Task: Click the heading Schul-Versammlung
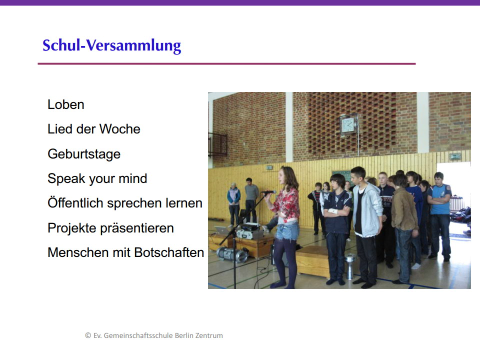pyautogui.click(x=111, y=46)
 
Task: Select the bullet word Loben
pyautogui.click(x=66, y=104)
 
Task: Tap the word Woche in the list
pyautogui.click(x=120, y=129)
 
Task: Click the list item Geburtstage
pyautogui.click(x=84, y=154)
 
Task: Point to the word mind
pyautogui.click(x=133, y=178)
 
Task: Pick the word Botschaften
pyautogui.click(x=169, y=252)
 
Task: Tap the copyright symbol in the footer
pyautogui.click(x=88, y=335)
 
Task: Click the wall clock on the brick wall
pyautogui.click(x=348, y=124)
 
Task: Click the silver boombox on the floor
pyautogui.click(x=232, y=254)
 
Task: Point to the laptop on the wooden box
pyautogui.click(x=222, y=229)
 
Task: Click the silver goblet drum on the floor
pyautogui.click(x=350, y=265)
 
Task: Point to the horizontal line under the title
pyautogui.click(x=226, y=63)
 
